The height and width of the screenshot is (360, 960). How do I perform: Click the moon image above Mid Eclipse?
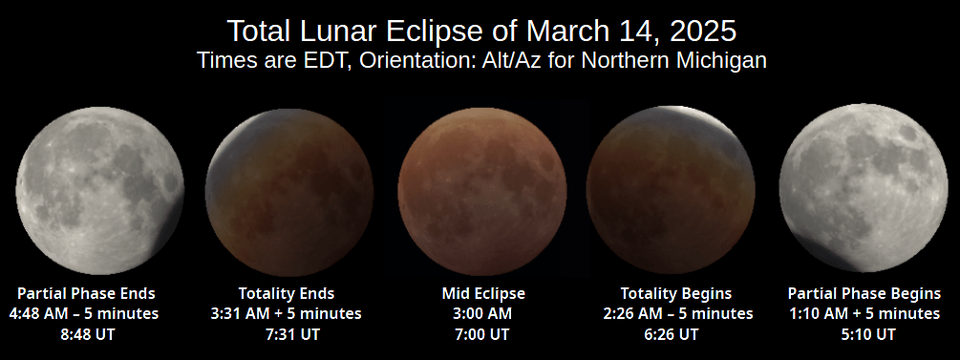[480, 188]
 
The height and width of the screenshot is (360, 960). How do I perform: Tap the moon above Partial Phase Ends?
[99, 188]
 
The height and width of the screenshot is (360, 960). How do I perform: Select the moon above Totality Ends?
[289, 188]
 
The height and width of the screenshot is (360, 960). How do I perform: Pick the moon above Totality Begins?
[672, 188]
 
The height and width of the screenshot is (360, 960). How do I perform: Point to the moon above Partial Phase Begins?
[864, 188]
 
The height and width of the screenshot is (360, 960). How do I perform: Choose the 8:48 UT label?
[87, 334]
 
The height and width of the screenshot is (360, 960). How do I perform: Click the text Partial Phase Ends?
[87, 292]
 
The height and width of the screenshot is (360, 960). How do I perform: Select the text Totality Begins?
[675, 292]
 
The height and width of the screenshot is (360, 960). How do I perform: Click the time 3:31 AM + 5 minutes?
[286, 313]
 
